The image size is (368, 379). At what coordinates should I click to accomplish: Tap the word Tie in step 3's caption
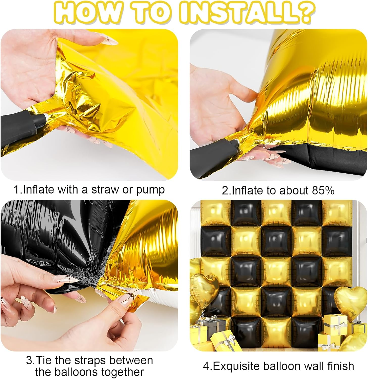(45, 360)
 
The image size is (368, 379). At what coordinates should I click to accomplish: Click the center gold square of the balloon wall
(276, 272)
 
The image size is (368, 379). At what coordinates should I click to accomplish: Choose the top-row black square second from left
(246, 212)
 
